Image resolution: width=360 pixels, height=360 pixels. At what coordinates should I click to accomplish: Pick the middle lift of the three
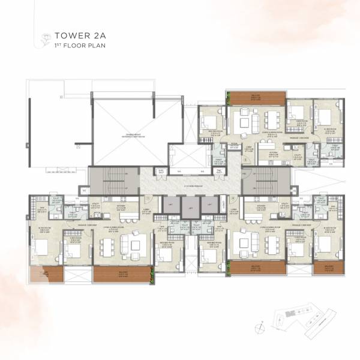[x=190, y=210]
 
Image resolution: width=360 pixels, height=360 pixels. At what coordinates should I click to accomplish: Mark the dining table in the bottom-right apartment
[x=269, y=244]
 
